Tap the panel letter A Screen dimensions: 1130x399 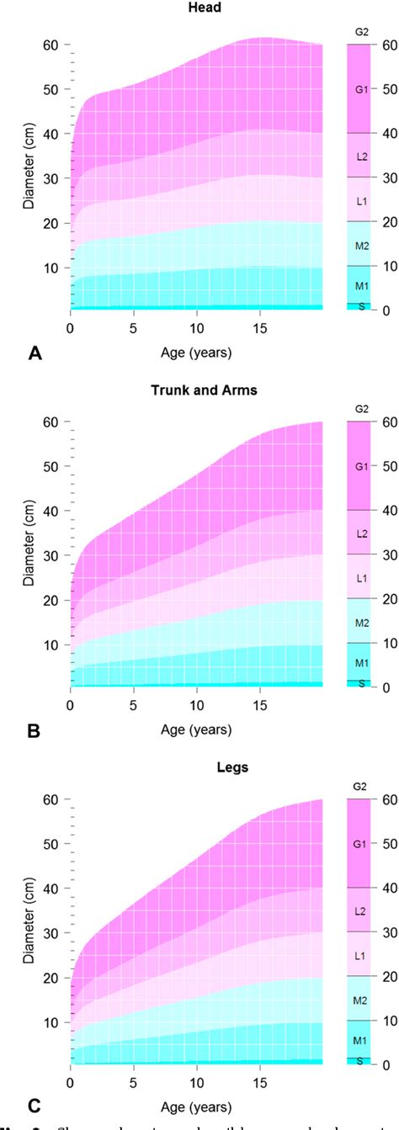click(x=35, y=355)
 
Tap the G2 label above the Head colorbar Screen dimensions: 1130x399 click(x=361, y=32)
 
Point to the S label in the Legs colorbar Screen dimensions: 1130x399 click(x=361, y=1060)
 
